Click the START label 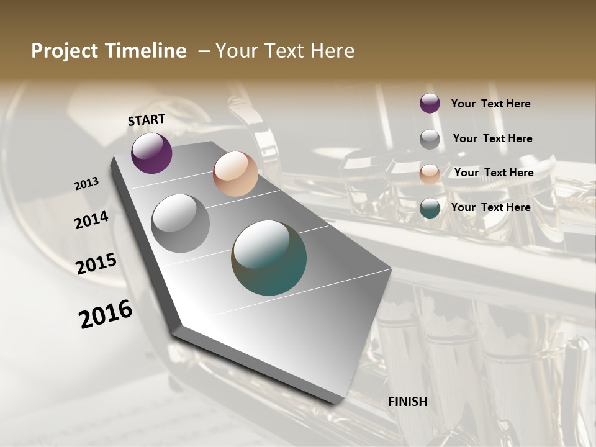click(x=147, y=120)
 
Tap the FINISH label click(x=408, y=402)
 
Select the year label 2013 click(x=86, y=184)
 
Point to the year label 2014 click(x=91, y=220)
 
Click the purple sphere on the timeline click(x=151, y=153)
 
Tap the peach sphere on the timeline click(x=235, y=174)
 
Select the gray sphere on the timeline click(x=181, y=223)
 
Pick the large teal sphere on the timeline click(x=269, y=258)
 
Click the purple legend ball click(x=430, y=104)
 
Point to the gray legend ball click(x=430, y=139)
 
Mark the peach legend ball click(x=430, y=174)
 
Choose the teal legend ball click(x=430, y=208)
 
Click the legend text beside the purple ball click(x=490, y=104)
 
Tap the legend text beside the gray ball click(x=492, y=138)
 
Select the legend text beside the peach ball click(x=494, y=173)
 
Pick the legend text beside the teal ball click(x=490, y=207)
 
